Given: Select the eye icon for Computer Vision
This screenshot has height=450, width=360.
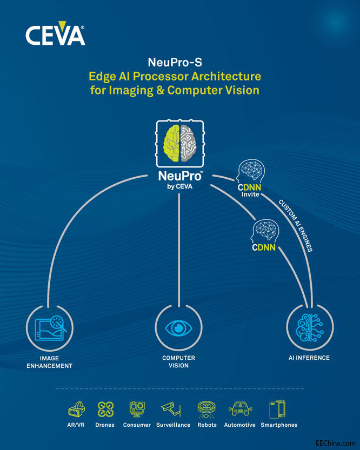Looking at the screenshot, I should click(x=179, y=328).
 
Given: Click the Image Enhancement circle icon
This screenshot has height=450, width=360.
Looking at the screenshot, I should click(x=49, y=328).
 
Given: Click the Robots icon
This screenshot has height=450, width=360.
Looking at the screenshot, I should click(x=207, y=408).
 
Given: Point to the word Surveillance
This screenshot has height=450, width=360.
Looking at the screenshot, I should click(x=174, y=425).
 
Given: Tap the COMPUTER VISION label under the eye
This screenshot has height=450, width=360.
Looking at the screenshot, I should click(x=179, y=362).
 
